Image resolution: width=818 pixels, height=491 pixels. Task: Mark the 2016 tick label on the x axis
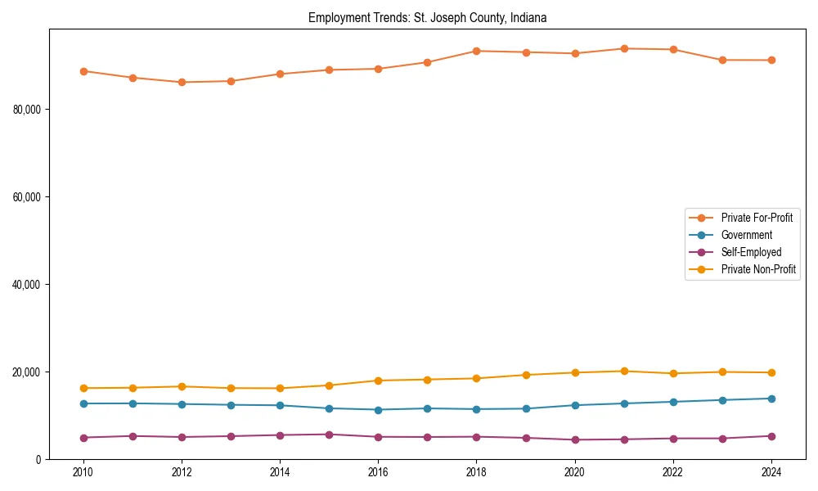(378, 472)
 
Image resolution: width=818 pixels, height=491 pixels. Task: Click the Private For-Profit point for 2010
(83, 71)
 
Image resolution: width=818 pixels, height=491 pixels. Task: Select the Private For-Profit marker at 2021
(624, 48)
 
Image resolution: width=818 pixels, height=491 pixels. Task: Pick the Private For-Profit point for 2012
(182, 82)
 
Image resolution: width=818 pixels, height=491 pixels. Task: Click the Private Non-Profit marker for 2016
(378, 381)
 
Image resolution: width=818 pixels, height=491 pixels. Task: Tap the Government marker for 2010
(83, 403)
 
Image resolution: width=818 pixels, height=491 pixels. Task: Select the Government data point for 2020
(575, 405)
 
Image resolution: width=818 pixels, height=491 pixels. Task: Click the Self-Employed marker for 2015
(329, 435)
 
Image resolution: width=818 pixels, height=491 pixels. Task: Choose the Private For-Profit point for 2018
(477, 51)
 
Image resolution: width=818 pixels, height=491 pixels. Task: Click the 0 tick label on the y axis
(38, 460)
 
